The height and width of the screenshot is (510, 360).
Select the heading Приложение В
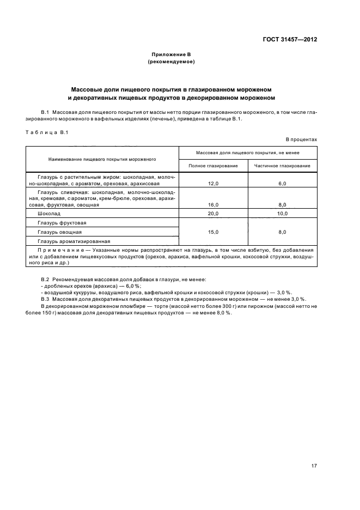click(x=171, y=54)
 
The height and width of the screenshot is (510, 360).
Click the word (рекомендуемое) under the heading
click(x=171, y=62)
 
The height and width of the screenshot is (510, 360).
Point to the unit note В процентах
click(x=301, y=139)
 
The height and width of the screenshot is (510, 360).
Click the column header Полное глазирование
click(x=213, y=165)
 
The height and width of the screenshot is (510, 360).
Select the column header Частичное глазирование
click(x=282, y=165)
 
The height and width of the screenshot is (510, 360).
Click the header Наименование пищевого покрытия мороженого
click(x=102, y=159)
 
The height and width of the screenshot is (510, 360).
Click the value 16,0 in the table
click(x=213, y=204)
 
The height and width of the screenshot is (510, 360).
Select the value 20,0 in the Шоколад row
click(x=213, y=214)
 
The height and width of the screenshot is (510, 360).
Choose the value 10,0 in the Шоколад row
click(x=282, y=214)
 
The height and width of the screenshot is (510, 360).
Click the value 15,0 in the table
click(x=213, y=232)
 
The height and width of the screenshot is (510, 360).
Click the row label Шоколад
click(x=50, y=214)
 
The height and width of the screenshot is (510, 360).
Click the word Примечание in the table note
click(x=56, y=250)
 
